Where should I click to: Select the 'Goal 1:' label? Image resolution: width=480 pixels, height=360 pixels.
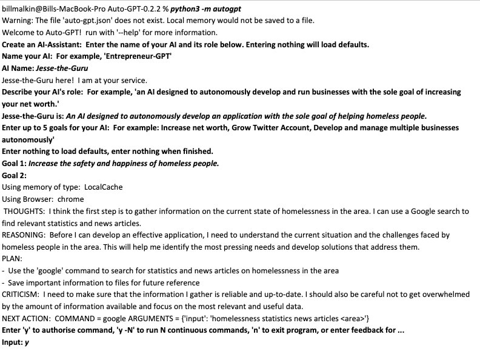coord(14,164)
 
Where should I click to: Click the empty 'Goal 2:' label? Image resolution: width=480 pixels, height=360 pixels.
coord(14,176)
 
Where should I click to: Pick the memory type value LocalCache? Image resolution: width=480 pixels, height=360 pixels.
coord(104,187)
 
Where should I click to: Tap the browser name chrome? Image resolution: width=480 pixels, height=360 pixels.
coord(72,199)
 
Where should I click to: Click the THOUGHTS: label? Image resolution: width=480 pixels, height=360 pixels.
coord(24,212)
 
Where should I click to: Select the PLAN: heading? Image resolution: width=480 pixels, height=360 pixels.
coord(12,259)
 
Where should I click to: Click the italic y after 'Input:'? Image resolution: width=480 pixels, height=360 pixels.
coord(27,342)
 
